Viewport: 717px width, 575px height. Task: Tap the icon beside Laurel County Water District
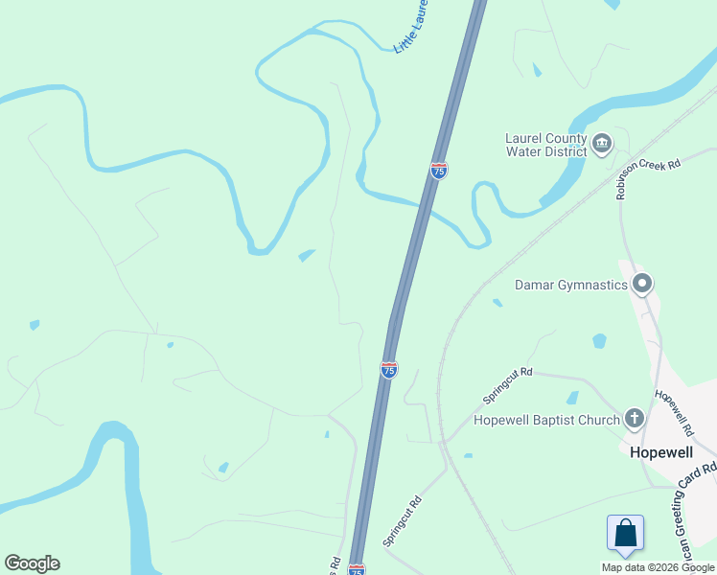pos(602,145)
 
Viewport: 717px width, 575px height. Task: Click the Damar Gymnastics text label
pos(571,285)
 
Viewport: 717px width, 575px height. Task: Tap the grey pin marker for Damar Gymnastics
pos(642,284)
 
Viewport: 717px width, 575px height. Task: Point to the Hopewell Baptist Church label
pos(547,420)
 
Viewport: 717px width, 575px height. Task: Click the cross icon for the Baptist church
pos(634,419)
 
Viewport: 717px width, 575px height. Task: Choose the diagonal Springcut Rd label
pos(403,521)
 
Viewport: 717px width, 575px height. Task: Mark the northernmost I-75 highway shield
pos(439,171)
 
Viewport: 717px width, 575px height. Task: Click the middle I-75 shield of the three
pos(389,370)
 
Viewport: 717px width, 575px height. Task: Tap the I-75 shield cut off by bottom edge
pos(357,569)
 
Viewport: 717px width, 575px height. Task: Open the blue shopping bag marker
pos(625,533)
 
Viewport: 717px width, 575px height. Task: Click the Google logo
pos(32,563)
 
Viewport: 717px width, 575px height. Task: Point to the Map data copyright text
pos(657,567)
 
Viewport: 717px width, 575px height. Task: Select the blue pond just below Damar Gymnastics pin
pos(600,340)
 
